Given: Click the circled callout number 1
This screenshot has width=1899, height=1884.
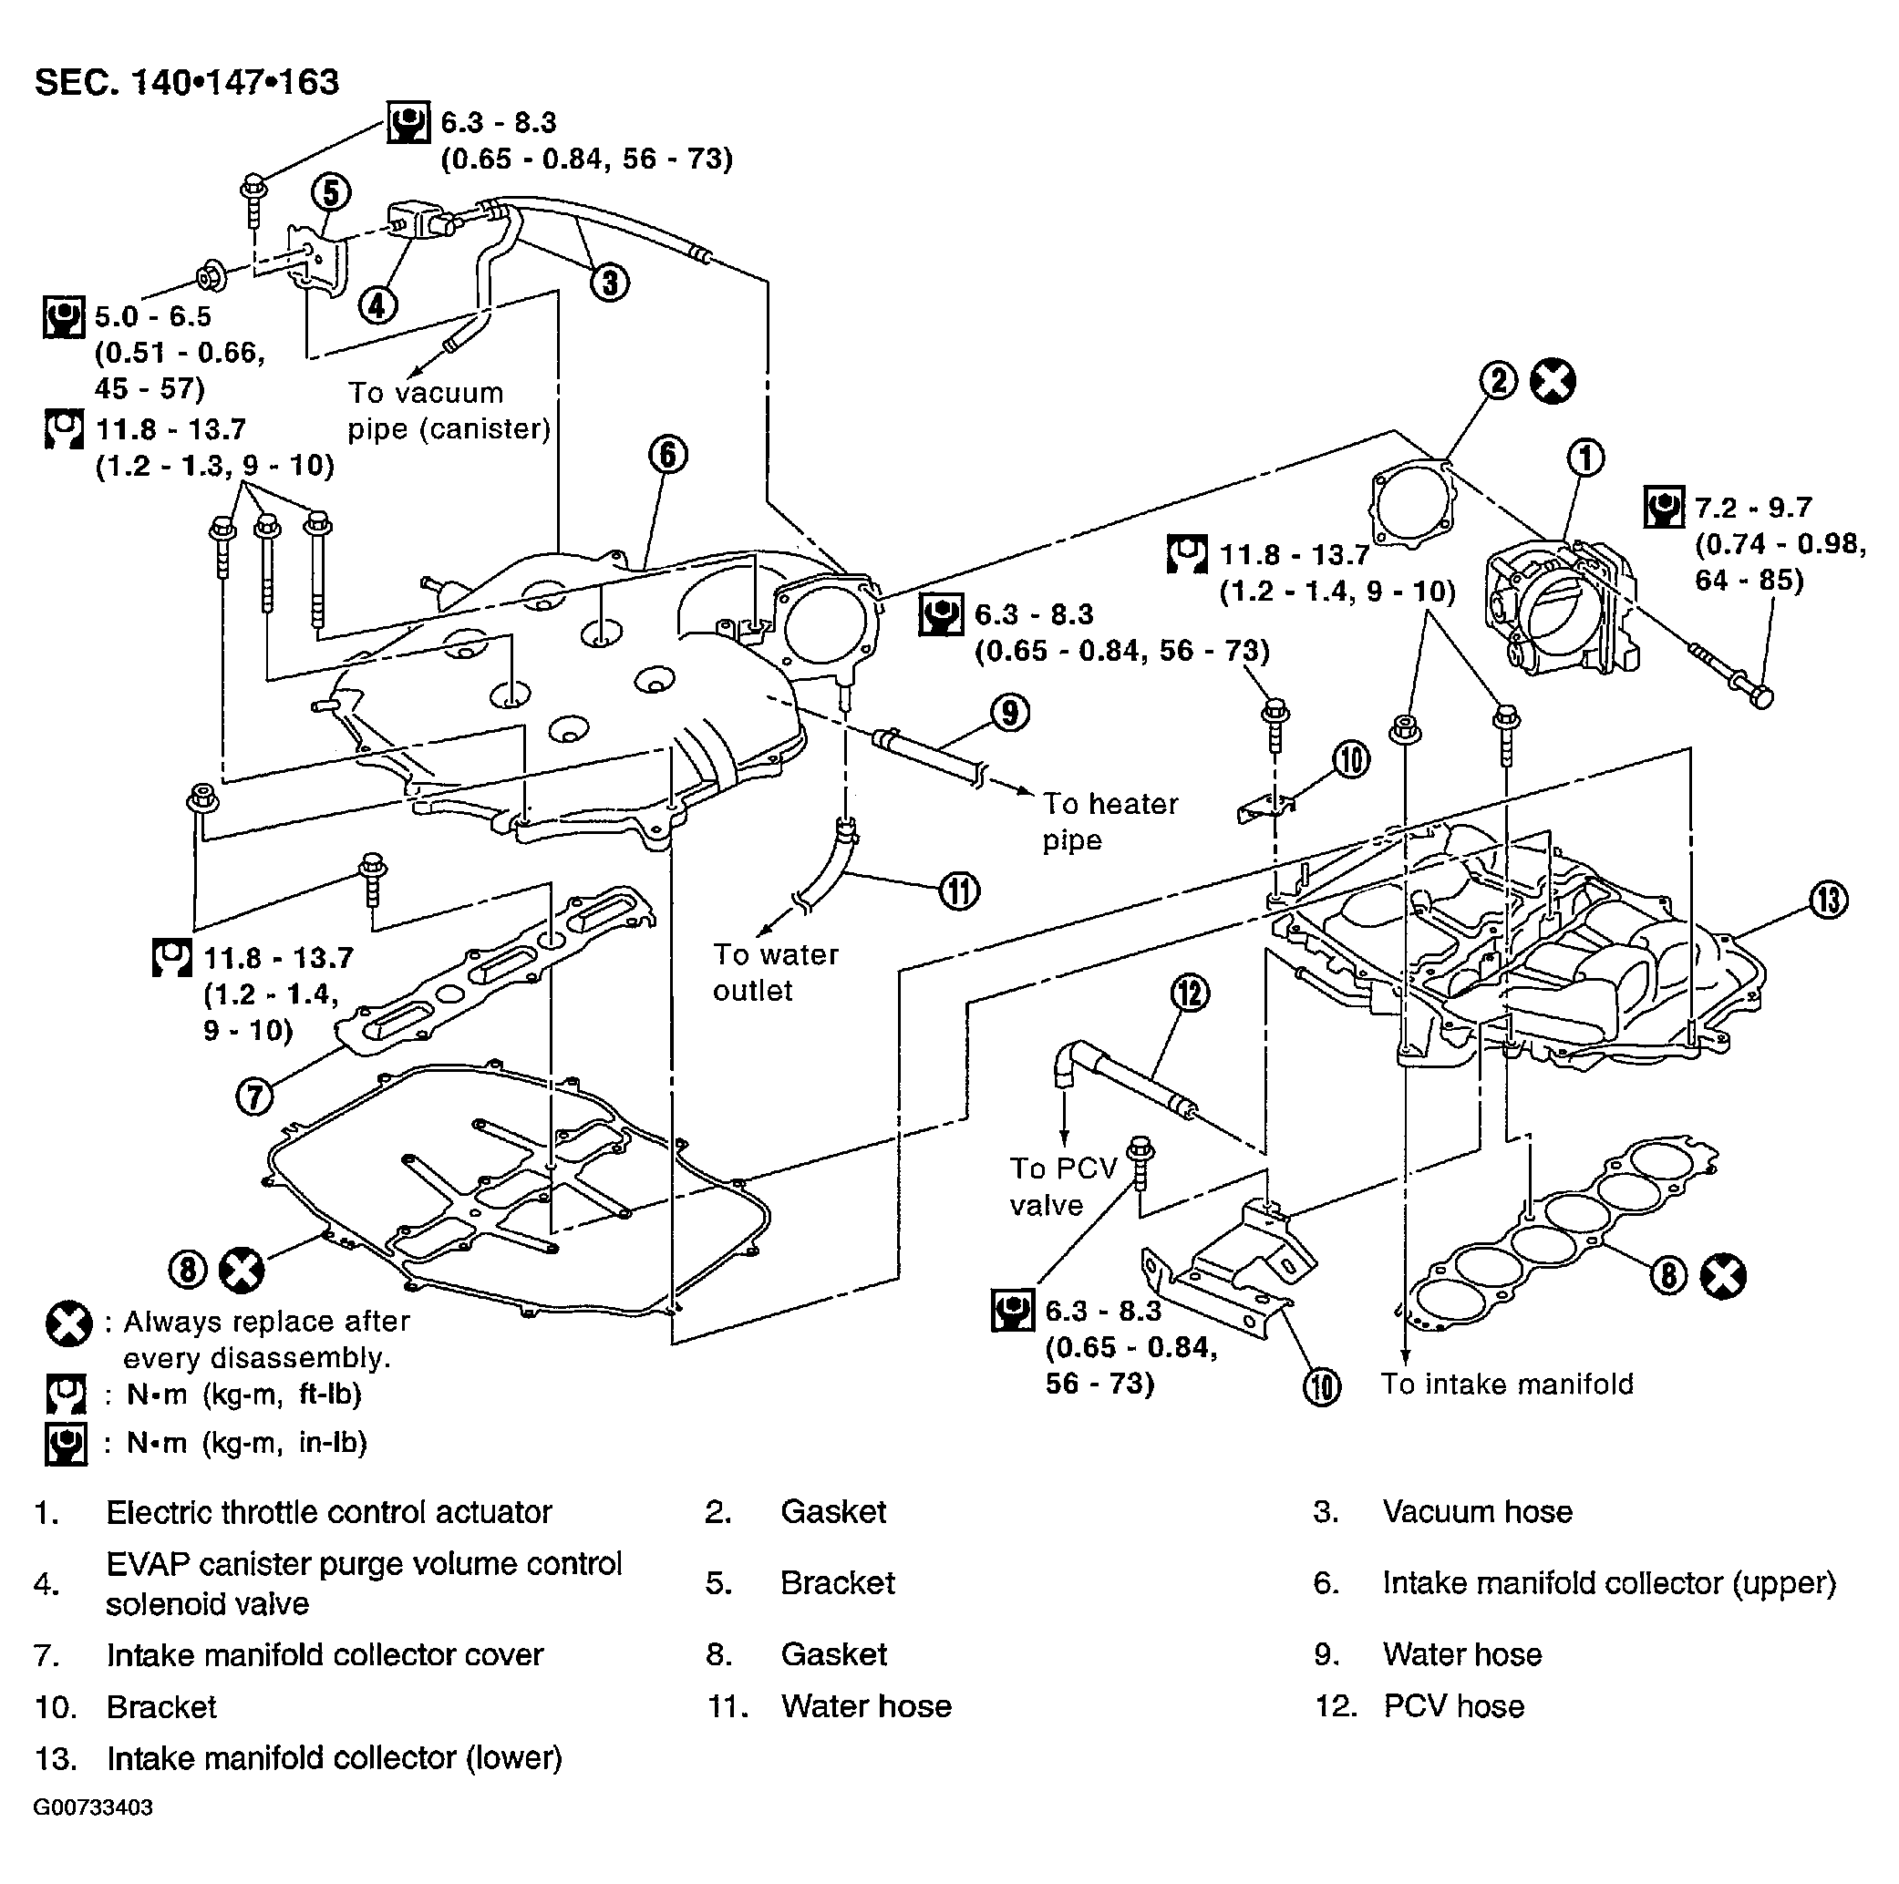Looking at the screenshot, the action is point(1584,458).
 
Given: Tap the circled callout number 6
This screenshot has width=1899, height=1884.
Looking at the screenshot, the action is point(667,454).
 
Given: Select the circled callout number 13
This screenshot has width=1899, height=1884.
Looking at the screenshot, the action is point(1828,900).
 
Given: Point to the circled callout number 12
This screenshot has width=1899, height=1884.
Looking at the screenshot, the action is point(1191,993).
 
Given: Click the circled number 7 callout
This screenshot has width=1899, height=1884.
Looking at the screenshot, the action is point(254,1095).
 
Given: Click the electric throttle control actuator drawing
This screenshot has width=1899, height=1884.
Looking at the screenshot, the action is point(1564,610).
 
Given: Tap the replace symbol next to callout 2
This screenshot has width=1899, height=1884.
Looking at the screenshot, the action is point(1553,381).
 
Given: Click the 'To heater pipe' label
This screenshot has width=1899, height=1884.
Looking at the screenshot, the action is point(1109,821).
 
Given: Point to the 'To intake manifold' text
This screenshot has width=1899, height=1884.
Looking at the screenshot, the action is point(1507,1384).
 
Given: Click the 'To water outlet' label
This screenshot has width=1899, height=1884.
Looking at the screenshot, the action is point(776,972).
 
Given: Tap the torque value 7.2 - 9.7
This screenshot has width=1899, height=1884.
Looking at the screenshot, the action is point(1752,507).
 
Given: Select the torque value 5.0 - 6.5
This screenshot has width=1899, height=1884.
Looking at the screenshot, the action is point(152,316).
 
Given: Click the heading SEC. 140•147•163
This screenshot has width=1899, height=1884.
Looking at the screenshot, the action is point(187,81).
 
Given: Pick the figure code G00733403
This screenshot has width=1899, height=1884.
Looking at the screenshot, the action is point(92,1807).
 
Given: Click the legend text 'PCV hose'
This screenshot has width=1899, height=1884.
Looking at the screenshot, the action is point(1454,1706).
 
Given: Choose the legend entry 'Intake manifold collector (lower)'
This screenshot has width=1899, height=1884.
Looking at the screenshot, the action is point(335,1758).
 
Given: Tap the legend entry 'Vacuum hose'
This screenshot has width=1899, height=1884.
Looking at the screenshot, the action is point(1477,1511).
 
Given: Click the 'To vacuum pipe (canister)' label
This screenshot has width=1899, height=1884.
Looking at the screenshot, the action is point(449,411).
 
